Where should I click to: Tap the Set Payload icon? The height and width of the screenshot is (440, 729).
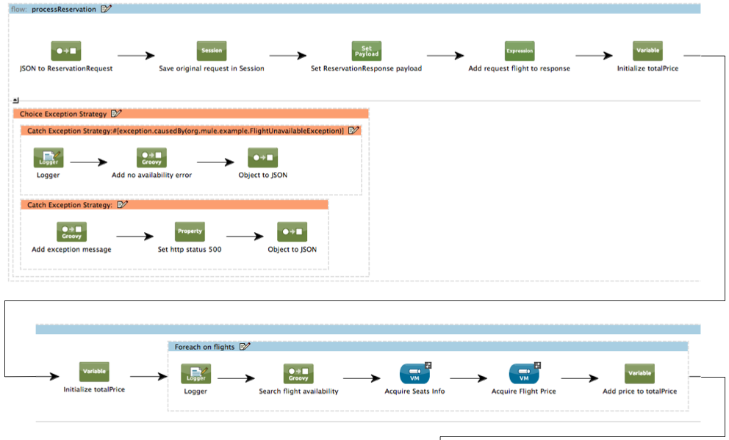pos(367,51)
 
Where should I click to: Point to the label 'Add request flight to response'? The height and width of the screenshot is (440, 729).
pos(519,68)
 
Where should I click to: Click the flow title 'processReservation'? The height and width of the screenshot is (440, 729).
pos(64,9)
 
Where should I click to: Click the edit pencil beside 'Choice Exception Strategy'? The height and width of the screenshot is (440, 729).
pos(116,114)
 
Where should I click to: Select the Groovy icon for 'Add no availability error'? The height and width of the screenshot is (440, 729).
pos(151,158)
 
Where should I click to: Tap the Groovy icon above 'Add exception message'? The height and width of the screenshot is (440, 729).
pos(71,231)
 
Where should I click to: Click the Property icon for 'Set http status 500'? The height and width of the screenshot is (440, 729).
pos(190,231)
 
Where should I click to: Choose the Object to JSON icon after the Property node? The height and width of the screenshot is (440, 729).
pos(292,231)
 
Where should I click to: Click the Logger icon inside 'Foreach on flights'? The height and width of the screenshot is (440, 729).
pos(195,374)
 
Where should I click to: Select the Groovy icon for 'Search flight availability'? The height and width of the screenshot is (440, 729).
pos(298,374)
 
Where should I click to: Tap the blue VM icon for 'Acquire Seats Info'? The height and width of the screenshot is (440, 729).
pos(414,374)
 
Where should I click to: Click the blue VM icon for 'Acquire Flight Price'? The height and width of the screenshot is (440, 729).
pos(524,374)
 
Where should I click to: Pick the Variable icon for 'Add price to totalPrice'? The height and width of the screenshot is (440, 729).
pos(639,373)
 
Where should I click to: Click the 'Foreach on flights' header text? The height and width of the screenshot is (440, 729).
pos(204,347)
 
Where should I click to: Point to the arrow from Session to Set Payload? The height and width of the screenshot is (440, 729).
pos(287,56)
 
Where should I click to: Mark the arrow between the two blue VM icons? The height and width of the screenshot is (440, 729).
pos(468,379)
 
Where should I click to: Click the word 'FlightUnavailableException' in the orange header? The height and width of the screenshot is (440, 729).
pos(298,131)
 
